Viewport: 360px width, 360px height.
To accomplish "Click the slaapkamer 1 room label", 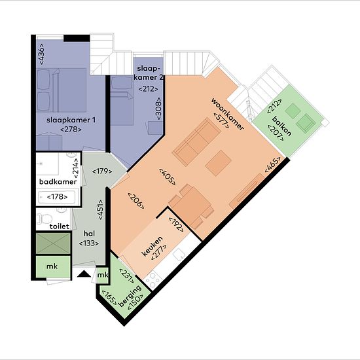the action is tap(71, 120).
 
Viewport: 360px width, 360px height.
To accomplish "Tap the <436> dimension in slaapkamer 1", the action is tap(42, 54).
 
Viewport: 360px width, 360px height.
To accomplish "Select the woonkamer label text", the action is tap(227, 114).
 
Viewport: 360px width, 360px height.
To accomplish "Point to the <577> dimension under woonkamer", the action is tap(221, 120).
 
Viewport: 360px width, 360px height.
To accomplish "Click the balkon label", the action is tap(281, 126).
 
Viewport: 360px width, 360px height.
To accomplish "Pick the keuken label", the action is tap(153, 246).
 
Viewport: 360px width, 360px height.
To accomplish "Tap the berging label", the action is tap(130, 296).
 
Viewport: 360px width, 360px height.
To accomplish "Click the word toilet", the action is tap(59, 226).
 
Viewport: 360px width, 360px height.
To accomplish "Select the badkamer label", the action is tap(58, 181).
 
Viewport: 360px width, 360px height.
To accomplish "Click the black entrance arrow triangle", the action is tap(84, 274).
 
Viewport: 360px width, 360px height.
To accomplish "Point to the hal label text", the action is tap(89, 234).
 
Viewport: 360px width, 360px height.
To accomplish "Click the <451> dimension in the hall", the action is tap(100, 209).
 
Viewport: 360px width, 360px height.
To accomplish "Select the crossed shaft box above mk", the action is tap(53, 243).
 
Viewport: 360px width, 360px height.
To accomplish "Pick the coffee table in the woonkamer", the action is tap(218, 163).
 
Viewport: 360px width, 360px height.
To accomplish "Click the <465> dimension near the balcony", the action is tap(272, 164).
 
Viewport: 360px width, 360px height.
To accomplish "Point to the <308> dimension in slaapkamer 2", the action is tap(158, 109).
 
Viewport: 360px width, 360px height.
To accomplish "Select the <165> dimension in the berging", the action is tap(109, 299).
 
